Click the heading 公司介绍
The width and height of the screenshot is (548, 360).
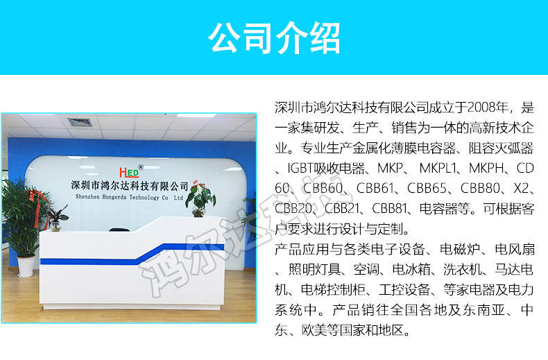point(274,37)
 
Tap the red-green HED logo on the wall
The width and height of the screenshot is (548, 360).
point(129,172)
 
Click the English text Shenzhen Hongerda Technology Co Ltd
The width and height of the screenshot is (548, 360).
point(129,198)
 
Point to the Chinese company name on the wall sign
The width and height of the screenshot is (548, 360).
point(130,186)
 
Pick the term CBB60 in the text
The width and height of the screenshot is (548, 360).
point(323,189)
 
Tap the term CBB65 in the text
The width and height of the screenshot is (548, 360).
point(427,189)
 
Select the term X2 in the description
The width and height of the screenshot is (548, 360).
point(521,189)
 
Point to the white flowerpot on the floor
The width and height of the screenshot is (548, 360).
point(26,266)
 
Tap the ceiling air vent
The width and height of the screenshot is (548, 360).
point(80,122)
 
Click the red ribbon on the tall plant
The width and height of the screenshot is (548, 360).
point(37,206)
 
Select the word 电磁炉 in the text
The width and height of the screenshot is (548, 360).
point(459,250)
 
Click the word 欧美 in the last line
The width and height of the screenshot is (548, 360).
point(314,330)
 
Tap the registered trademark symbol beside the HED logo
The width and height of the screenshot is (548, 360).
point(141,167)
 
